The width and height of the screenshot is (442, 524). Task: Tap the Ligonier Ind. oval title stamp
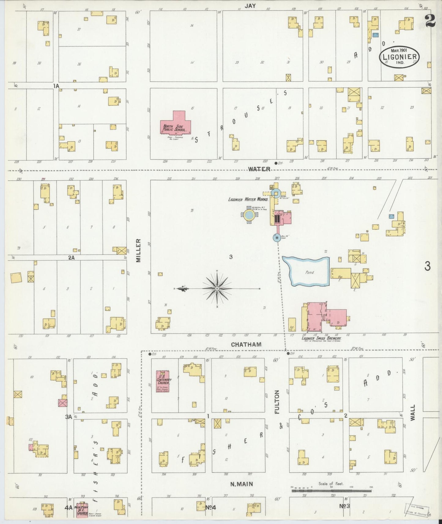[399, 57]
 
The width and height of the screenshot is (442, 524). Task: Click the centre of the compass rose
[217, 288]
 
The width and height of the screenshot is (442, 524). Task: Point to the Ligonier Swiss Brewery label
[321, 338]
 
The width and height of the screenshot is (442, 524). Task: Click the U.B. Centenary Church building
[163, 381]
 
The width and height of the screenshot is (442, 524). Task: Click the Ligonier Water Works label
[248, 199]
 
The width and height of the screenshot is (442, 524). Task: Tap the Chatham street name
[246, 345]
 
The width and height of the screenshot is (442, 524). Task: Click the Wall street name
[413, 412]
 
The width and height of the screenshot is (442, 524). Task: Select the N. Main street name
[242, 484]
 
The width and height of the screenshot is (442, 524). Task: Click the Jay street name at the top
[250, 6]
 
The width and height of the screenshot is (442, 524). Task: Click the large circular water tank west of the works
[249, 215]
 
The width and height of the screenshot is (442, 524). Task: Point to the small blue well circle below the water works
[277, 237]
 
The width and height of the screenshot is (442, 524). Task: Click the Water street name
[259, 169]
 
